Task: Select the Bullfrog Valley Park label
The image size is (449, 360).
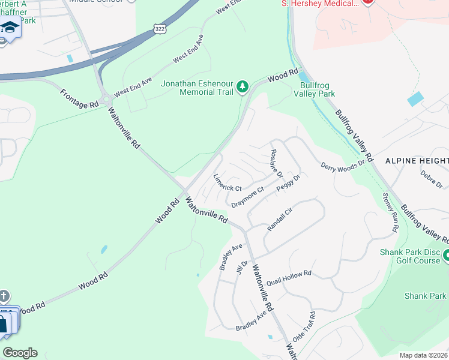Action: pos(317,89)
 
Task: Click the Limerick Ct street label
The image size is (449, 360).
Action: pos(228,183)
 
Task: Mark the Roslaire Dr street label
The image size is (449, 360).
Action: pos(277,163)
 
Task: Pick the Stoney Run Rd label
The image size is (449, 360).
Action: pos(390,213)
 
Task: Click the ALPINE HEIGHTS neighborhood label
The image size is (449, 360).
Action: pos(417,161)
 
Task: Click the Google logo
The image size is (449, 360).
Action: pos(20,353)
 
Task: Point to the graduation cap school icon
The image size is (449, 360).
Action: pos(10,27)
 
